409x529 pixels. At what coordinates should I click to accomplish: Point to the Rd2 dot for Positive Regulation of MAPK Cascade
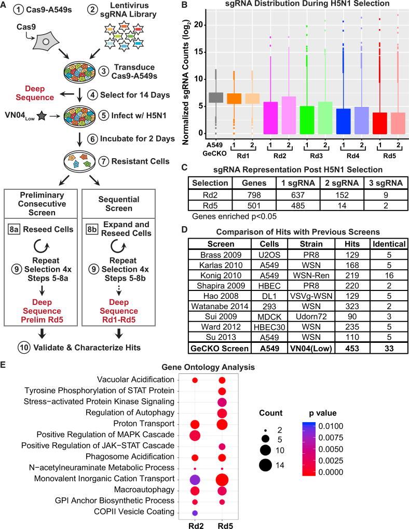tap(195, 435)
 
